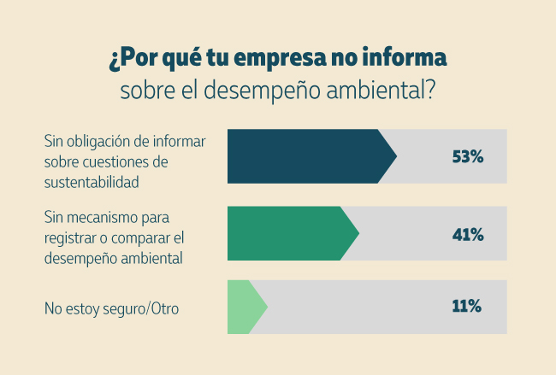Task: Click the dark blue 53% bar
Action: click(304, 156)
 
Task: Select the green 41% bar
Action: click(287, 233)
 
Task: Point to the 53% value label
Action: click(468, 156)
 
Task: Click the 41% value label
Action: click(468, 233)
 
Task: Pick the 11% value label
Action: click(468, 307)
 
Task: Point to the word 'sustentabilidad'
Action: click(92, 180)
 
